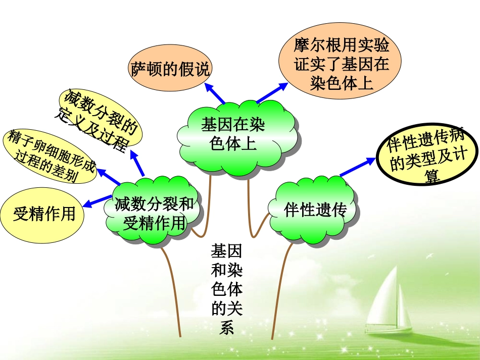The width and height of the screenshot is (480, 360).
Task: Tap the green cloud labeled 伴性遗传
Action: [x=315, y=210]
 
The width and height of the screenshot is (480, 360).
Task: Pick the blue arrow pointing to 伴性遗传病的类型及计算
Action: [x=358, y=167]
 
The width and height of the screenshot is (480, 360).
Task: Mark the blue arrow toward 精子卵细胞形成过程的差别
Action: [x=108, y=177]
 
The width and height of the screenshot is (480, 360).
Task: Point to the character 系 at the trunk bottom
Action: [x=226, y=328]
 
